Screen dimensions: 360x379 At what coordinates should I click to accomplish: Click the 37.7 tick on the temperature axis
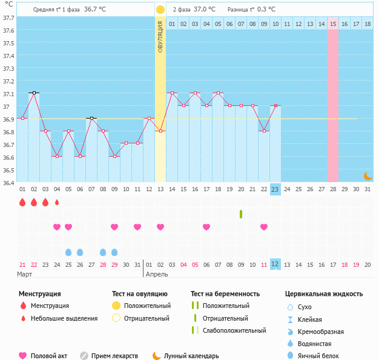click(9, 18)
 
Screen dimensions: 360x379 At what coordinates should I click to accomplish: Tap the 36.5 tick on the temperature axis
click(9, 170)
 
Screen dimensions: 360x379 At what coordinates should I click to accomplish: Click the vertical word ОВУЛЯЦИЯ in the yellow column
click(160, 36)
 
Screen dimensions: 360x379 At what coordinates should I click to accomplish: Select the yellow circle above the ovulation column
click(160, 10)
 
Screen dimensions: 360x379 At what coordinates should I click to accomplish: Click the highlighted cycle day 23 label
click(275, 189)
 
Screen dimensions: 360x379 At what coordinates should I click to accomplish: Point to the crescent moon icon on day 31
click(367, 175)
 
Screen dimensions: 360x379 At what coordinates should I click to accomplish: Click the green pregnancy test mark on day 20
click(241, 214)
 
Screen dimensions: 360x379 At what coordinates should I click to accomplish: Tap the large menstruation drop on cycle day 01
click(22, 202)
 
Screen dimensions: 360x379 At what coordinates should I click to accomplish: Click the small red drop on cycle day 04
click(57, 202)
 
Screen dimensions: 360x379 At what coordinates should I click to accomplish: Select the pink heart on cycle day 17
click(206, 227)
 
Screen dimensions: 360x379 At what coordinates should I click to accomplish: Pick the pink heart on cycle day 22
click(264, 227)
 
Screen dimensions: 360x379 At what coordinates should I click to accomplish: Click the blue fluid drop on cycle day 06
click(80, 252)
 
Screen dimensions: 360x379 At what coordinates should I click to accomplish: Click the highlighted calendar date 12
click(275, 264)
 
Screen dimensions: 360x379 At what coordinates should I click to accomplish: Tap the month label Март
click(25, 274)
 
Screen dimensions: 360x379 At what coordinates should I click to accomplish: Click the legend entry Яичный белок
click(318, 356)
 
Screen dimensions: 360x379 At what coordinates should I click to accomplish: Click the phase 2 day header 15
click(334, 24)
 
